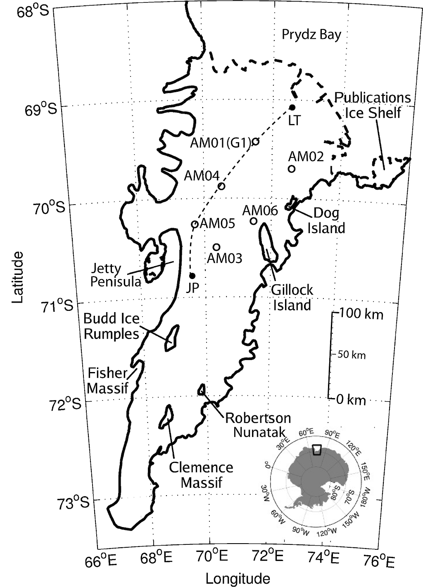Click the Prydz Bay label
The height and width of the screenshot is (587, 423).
[x=311, y=34]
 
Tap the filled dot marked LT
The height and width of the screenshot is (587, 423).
[x=292, y=107]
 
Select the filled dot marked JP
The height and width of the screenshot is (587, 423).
[x=192, y=275]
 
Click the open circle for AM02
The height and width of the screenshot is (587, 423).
[x=292, y=169]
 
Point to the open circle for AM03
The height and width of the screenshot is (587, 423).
[x=216, y=247]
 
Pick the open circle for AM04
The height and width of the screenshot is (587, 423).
[x=221, y=186]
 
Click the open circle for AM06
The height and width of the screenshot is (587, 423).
[x=254, y=221]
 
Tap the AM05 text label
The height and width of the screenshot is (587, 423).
[x=217, y=224]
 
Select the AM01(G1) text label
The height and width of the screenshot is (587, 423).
[x=221, y=143]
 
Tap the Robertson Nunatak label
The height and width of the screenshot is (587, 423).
[x=258, y=425]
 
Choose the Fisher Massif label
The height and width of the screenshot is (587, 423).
[x=107, y=380]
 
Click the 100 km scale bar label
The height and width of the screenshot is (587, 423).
[x=361, y=315]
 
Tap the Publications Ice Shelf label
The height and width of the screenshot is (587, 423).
[x=373, y=105]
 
